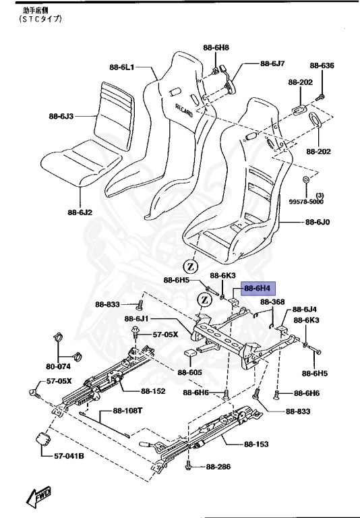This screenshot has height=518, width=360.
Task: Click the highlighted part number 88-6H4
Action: click(x=257, y=287)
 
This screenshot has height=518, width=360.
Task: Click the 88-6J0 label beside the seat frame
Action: click(x=318, y=221)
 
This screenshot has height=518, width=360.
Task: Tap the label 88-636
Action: click(x=322, y=65)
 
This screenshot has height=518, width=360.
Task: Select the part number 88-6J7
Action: click(x=273, y=64)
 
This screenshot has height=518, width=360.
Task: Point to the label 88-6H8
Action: click(x=216, y=48)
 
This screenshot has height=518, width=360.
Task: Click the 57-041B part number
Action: click(x=69, y=456)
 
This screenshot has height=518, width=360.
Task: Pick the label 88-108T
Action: click(x=127, y=411)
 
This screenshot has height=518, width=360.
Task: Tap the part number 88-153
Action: click(x=256, y=444)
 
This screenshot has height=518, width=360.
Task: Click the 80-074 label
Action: click(x=59, y=368)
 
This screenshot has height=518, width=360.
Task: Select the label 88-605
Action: click(x=190, y=372)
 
